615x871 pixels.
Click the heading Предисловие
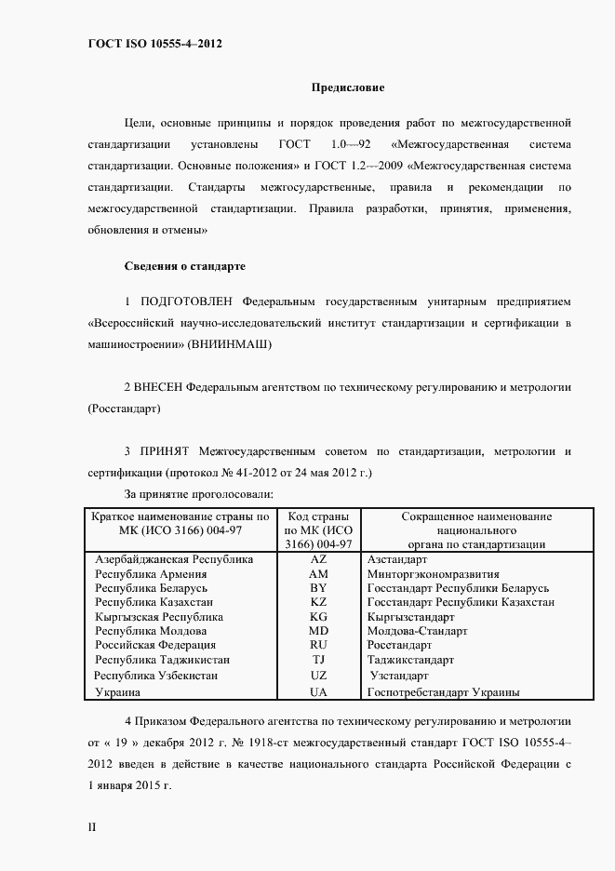tap(347, 87)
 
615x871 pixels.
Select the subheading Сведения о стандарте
tap(185, 266)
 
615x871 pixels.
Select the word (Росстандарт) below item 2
tap(124, 408)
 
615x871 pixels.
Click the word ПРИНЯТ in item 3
tap(164, 451)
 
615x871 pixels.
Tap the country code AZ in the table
tap(318, 560)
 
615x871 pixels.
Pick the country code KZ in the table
tap(318, 602)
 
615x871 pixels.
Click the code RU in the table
tap(318, 645)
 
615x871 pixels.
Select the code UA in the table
tap(318, 693)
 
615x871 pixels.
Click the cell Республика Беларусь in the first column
tap(151, 588)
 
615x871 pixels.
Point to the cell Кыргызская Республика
tap(159, 616)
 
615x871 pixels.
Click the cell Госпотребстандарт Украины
tap(443, 693)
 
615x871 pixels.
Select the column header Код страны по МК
tap(318, 530)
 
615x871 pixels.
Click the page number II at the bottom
tap(91, 826)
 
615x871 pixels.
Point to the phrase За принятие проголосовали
tap(198, 494)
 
